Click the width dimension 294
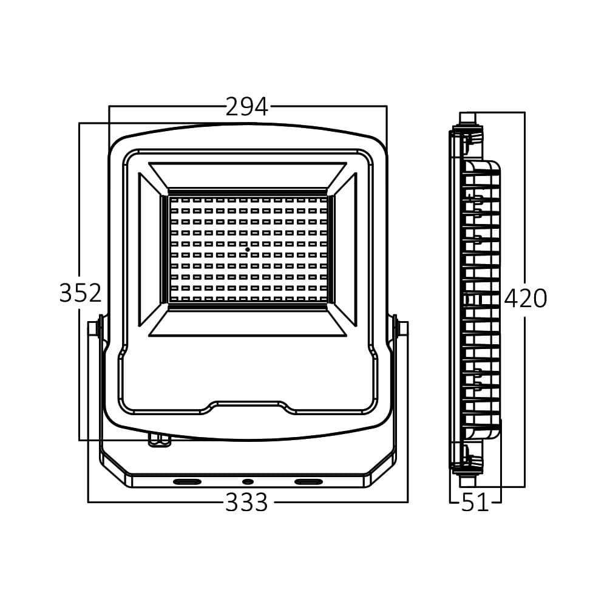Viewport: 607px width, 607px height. tap(247, 107)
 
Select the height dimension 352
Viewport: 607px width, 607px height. tap(80, 293)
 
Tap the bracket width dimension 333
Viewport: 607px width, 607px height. tap(246, 503)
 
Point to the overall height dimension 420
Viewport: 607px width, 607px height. tap(526, 299)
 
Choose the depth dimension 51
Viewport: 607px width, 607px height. tap(475, 503)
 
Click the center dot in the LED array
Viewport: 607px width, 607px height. tap(248, 249)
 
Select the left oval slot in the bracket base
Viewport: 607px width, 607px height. tap(188, 481)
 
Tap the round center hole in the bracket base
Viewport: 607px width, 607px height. tap(247, 481)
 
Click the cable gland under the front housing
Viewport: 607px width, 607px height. tap(160, 441)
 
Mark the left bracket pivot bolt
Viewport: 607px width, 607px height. tap(95, 328)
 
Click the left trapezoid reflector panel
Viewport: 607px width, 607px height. tap(150, 249)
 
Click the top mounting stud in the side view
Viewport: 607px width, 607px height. tap(467, 118)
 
